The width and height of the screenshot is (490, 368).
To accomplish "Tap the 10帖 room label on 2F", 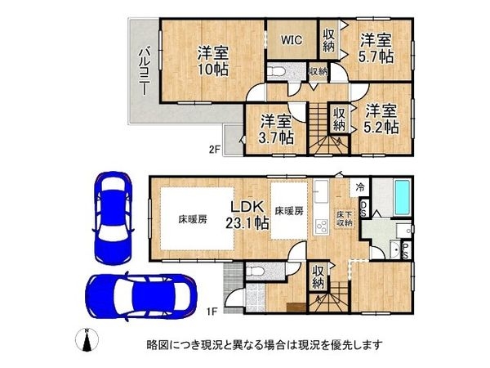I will click(x=212, y=61).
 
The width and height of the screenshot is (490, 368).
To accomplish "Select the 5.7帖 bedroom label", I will click(x=377, y=47).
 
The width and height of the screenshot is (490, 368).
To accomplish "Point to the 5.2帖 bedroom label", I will click(x=381, y=119).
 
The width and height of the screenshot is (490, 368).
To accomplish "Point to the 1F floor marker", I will click(x=211, y=311).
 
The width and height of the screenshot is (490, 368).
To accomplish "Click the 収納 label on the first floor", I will click(x=319, y=278).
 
